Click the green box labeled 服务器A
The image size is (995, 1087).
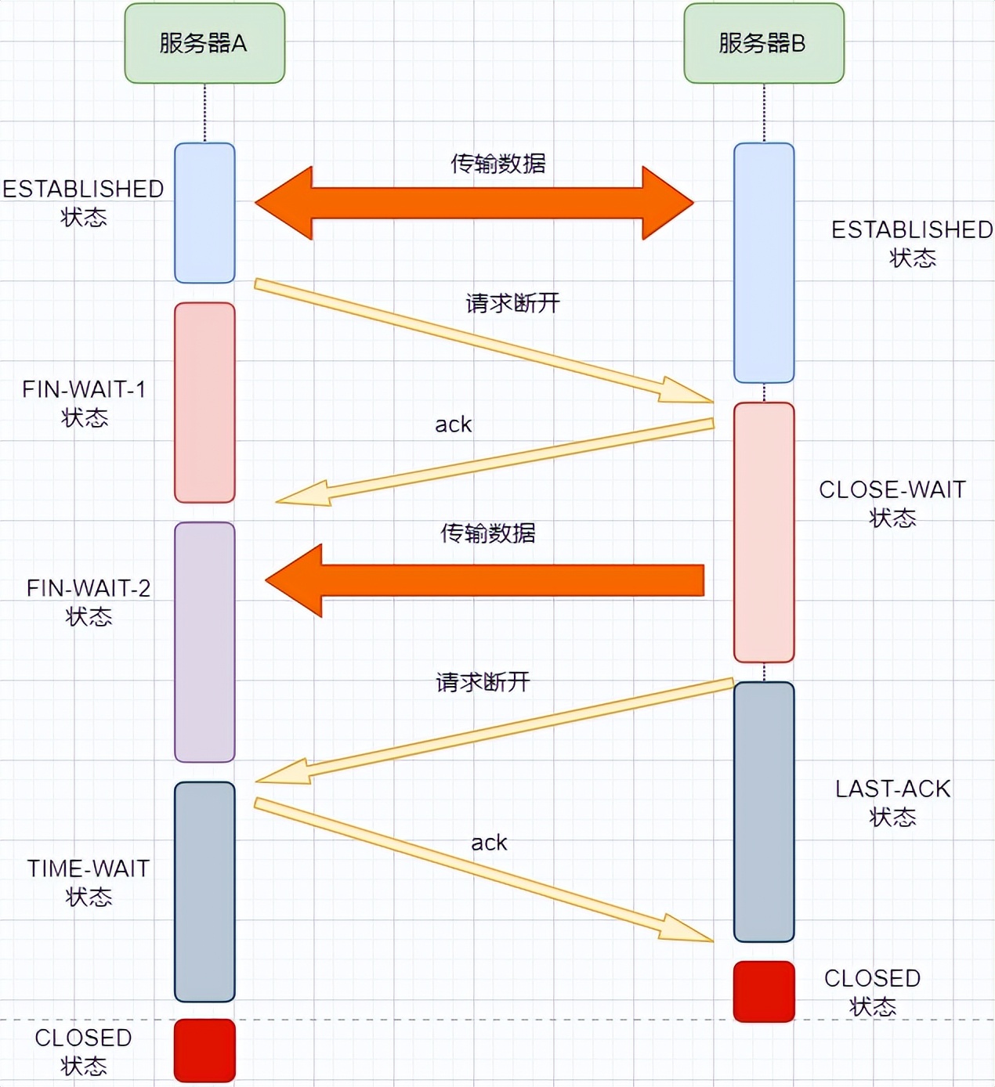point(204,43)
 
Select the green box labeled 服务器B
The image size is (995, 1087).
point(764,43)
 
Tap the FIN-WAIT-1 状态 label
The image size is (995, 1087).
point(85,403)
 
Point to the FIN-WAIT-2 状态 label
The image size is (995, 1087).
point(89,601)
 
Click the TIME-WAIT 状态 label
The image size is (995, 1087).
point(89,882)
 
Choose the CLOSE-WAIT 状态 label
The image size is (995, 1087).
point(892,503)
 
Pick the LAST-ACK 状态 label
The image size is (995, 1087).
point(892,802)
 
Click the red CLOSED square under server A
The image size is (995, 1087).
point(204,1050)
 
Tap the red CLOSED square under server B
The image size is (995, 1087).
point(764,991)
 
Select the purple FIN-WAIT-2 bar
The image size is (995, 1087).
point(204,642)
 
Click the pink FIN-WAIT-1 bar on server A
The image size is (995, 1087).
point(204,403)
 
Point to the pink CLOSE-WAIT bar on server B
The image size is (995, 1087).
point(764,533)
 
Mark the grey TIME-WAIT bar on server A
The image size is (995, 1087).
point(204,891)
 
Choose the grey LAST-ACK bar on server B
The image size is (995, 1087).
point(764,811)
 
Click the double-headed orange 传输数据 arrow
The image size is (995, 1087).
point(474,203)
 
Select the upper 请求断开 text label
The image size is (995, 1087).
point(513,303)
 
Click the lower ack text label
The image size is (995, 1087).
point(489,843)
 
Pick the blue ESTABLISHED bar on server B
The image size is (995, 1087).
point(764,262)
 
